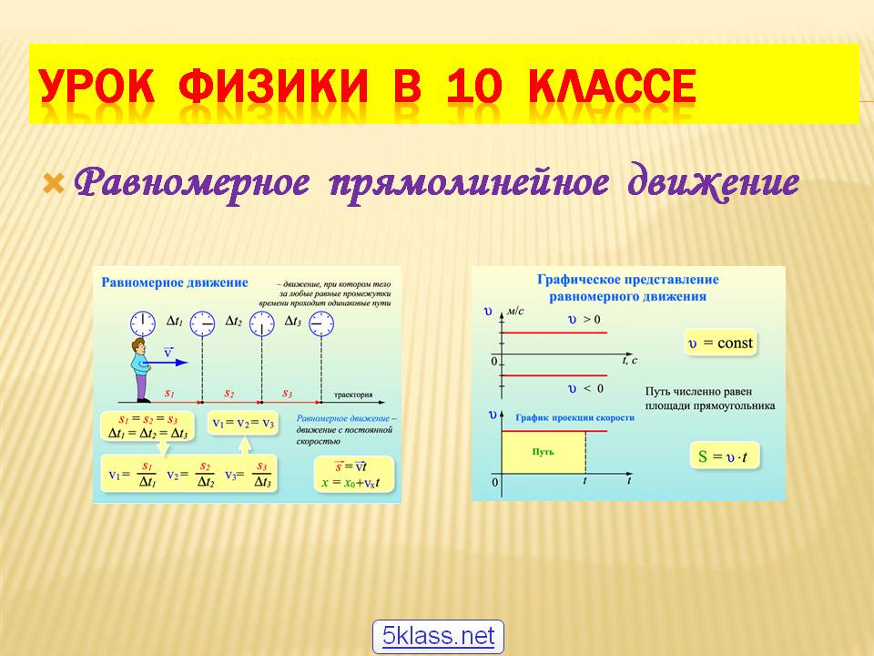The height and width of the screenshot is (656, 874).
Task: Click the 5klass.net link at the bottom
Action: [438, 636]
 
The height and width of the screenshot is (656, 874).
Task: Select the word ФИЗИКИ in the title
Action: [274, 88]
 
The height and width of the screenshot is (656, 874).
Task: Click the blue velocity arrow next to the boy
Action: [168, 363]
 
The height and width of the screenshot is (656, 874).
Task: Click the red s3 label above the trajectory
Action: [287, 393]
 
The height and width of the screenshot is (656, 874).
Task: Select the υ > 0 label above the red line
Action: [584, 320]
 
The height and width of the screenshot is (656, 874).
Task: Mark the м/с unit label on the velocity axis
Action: [516, 311]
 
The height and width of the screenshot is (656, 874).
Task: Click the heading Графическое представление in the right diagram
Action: [627, 279]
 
